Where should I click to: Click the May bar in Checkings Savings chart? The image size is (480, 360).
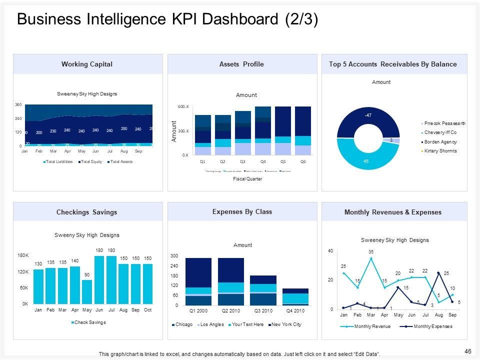point(87,291)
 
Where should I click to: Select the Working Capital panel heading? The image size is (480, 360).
point(87,64)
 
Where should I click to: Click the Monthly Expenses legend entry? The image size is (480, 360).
point(427,326)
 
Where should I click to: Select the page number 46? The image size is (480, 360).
point(468,351)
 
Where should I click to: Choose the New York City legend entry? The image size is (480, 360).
point(286,324)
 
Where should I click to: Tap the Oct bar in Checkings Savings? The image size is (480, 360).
point(148,283)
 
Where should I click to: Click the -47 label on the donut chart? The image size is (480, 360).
point(367,115)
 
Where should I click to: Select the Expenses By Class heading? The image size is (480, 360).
point(242,211)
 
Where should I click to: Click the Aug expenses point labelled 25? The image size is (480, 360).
point(438,272)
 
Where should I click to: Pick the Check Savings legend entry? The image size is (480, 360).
point(90,322)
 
